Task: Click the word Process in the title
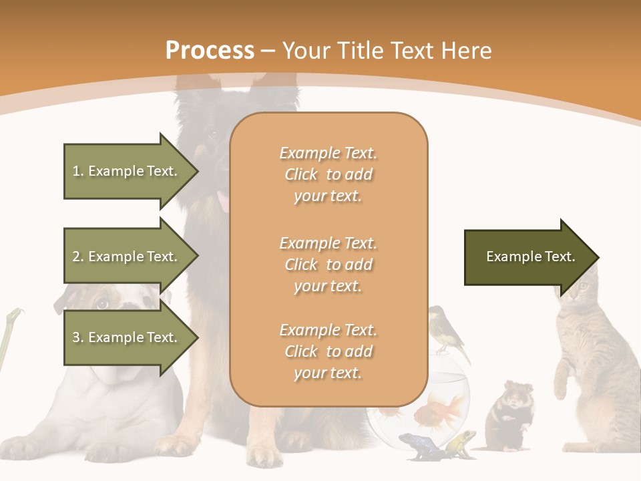[210, 50]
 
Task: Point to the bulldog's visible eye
[102, 305]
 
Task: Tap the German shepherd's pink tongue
[223, 200]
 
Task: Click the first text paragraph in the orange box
[328, 174]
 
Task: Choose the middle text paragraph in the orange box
[328, 265]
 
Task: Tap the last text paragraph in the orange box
[328, 351]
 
